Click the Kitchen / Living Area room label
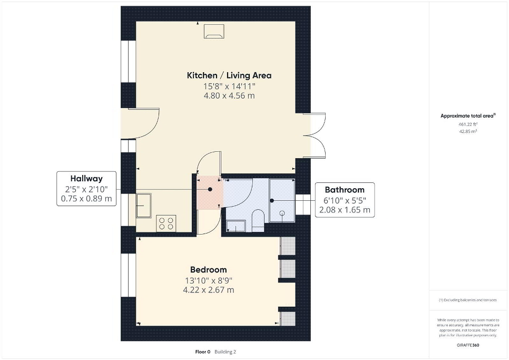click(x=229, y=75)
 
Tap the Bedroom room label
click(x=209, y=269)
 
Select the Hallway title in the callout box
click(x=86, y=178)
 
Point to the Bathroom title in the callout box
click(x=345, y=190)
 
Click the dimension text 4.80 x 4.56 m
click(x=229, y=96)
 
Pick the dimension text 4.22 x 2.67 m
click(x=209, y=290)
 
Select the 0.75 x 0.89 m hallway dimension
click(x=86, y=199)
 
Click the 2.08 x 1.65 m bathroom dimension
click(x=345, y=210)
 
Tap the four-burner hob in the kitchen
click(x=166, y=223)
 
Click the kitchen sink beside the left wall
click(x=143, y=206)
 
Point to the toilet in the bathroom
click(x=258, y=220)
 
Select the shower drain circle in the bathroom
click(x=282, y=213)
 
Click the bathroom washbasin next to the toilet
click(x=236, y=226)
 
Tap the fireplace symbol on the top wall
click(x=214, y=32)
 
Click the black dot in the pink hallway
click(x=210, y=189)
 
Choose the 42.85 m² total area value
click(x=468, y=131)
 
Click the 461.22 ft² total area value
click(x=468, y=124)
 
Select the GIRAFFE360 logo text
click(x=468, y=345)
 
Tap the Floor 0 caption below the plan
click(x=203, y=352)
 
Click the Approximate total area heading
click(x=468, y=115)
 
